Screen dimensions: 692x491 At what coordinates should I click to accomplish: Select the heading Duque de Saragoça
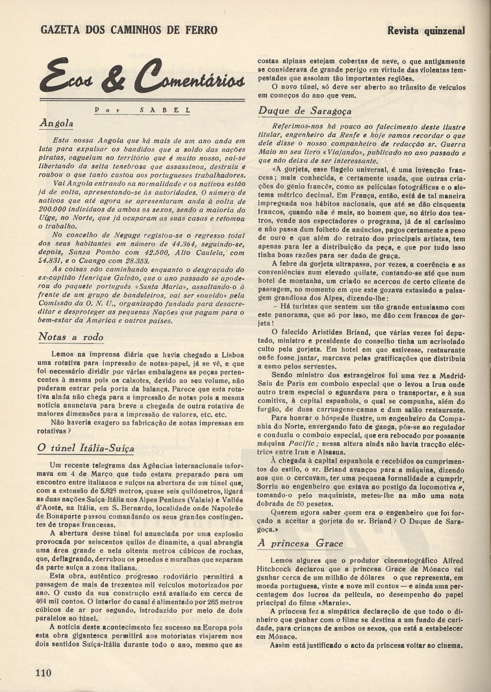(x=304, y=110)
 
